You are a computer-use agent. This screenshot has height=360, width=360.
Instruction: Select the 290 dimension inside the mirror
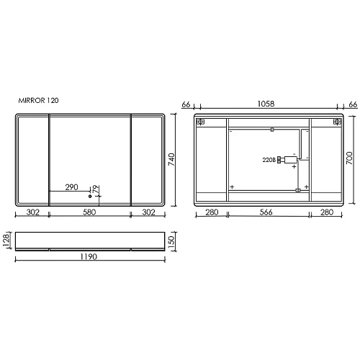point(72,187)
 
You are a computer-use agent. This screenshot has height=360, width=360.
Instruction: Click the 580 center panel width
point(89,212)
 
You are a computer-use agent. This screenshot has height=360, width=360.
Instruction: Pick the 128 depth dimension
point(7,238)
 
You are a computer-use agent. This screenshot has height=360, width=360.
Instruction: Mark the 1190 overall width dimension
point(89,256)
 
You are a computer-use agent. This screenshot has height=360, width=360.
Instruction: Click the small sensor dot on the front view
point(90,196)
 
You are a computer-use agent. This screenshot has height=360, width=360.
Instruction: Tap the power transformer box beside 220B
point(289,160)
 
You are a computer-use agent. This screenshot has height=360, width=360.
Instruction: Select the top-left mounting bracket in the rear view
point(202,122)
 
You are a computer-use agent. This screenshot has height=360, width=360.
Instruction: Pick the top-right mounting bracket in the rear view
point(336,122)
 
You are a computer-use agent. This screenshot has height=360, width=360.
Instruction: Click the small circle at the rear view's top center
point(271,130)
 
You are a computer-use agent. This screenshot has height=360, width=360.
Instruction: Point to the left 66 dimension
point(186,105)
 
